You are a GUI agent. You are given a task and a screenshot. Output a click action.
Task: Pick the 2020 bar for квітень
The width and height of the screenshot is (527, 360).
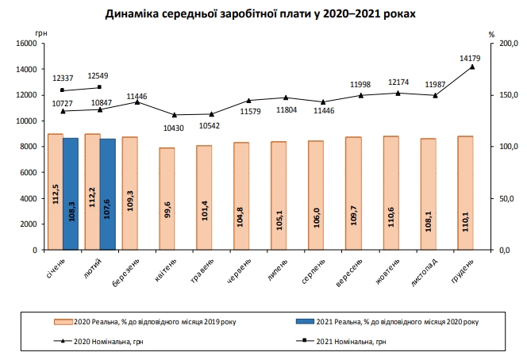point(167,198)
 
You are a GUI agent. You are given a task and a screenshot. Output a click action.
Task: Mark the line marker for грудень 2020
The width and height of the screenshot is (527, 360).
point(473,67)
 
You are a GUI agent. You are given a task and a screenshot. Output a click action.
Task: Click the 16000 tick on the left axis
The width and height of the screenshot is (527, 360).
point(27,44)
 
